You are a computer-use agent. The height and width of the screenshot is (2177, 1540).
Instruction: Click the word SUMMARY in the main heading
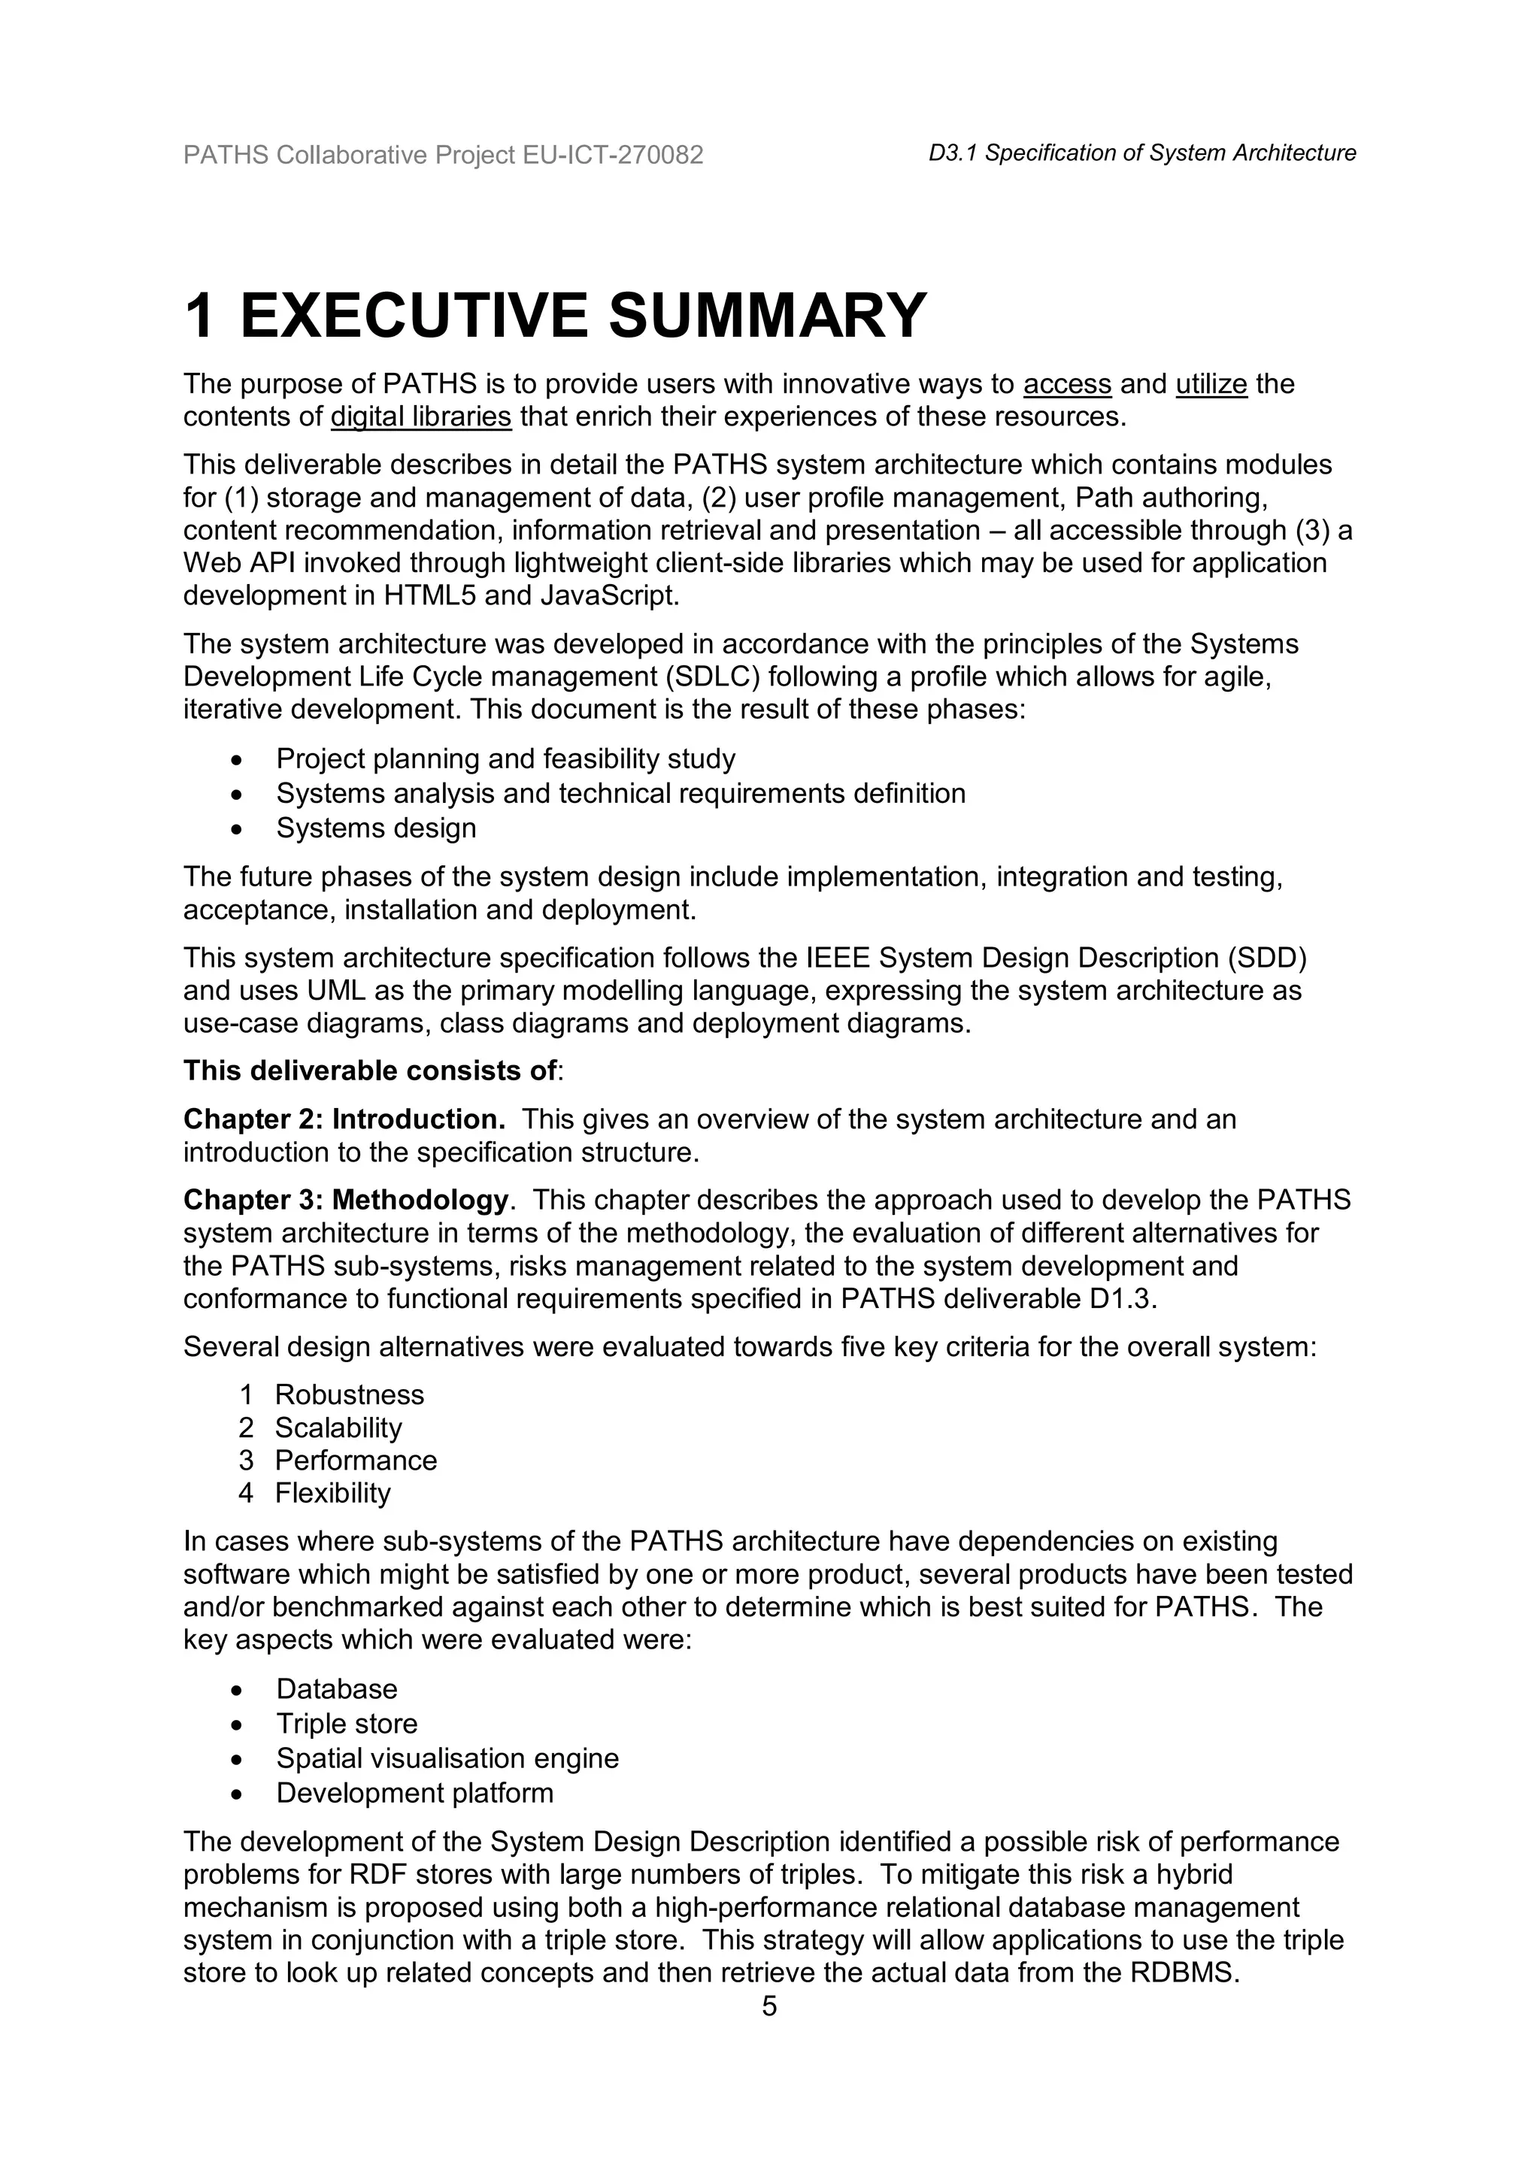[766, 316]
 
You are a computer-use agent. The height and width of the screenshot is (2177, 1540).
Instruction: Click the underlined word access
[1067, 384]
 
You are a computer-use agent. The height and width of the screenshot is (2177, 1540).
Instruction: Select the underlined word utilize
[1211, 384]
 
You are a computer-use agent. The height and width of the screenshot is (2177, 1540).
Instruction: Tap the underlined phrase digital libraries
[421, 417]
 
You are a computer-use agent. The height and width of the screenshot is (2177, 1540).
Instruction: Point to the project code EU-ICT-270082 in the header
[613, 155]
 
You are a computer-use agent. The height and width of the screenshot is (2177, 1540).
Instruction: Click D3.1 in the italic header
[953, 153]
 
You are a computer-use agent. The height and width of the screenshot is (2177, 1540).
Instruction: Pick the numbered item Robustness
[349, 1394]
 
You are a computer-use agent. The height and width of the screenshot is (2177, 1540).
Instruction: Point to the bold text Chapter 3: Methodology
[346, 1201]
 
